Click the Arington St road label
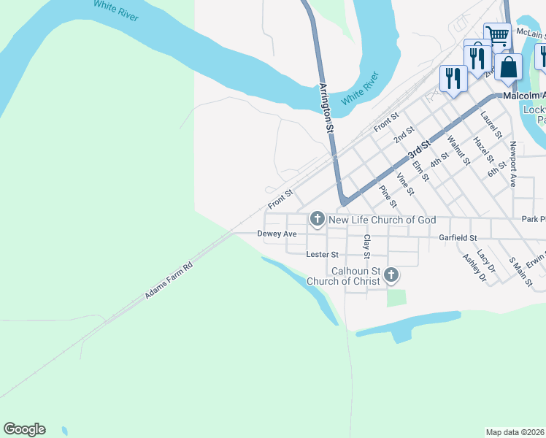(x=326, y=107)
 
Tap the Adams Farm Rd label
(x=168, y=280)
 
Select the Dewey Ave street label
(x=277, y=234)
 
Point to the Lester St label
(x=323, y=255)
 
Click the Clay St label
(x=367, y=246)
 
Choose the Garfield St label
(x=458, y=238)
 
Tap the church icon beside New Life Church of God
(x=318, y=218)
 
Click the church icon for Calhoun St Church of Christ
(x=392, y=275)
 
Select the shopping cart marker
(x=497, y=35)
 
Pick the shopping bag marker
(x=509, y=67)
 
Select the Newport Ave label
(x=514, y=164)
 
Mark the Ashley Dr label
(x=474, y=268)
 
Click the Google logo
(x=25, y=429)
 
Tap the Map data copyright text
(x=515, y=432)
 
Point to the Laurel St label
(x=491, y=124)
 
